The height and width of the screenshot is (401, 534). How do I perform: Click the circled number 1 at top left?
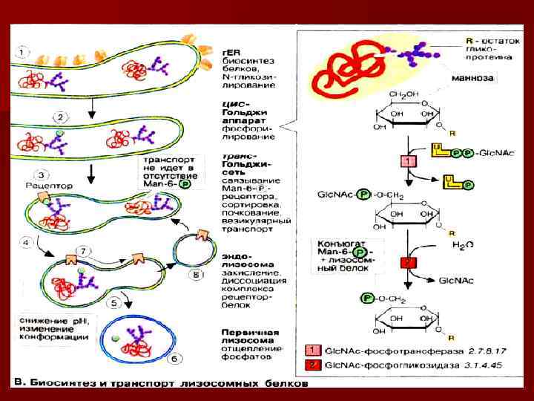click(24, 52)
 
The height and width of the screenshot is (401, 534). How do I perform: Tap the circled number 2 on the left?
click(60, 117)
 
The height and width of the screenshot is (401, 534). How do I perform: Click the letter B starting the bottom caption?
click(19, 384)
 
